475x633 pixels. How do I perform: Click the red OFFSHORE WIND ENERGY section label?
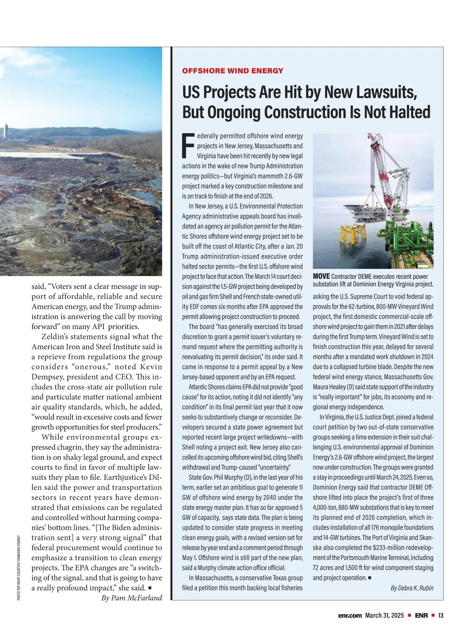(x=232, y=71)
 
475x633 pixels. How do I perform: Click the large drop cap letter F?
(x=188, y=146)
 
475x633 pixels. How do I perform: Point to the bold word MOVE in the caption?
(x=321, y=276)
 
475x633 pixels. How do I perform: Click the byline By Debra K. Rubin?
(x=412, y=588)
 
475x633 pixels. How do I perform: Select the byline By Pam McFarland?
(x=131, y=598)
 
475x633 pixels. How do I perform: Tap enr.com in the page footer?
(x=350, y=616)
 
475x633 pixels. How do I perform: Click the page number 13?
(x=441, y=616)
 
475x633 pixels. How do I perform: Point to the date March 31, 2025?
(x=384, y=616)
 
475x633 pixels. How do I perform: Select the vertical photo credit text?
(x=19, y=568)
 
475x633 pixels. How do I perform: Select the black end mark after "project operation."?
(x=369, y=578)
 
